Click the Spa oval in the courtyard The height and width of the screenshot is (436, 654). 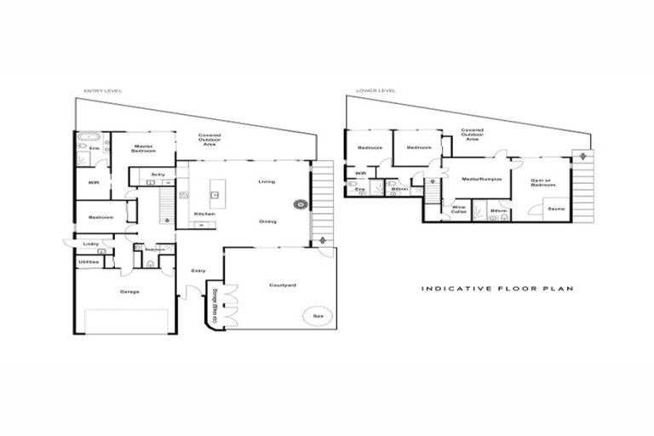pyautogui.click(x=318, y=316)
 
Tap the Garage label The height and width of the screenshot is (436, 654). pyautogui.click(x=130, y=292)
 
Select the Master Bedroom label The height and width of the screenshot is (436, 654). pyautogui.click(x=142, y=149)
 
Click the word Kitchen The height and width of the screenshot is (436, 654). pyautogui.click(x=204, y=213)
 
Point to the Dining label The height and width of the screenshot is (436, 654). pyautogui.click(x=267, y=221)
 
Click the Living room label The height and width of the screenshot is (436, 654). pyautogui.click(x=267, y=181)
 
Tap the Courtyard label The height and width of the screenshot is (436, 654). pyautogui.click(x=282, y=284)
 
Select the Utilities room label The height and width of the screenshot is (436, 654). pyautogui.click(x=89, y=261)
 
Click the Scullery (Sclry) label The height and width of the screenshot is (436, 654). pyautogui.click(x=158, y=175)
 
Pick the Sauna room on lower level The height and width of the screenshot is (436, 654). pyautogui.click(x=556, y=209)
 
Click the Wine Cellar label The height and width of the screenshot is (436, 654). pyautogui.click(x=458, y=209)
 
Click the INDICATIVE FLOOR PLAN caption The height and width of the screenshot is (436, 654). pyautogui.click(x=498, y=289)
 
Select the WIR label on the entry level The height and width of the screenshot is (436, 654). pyautogui.click(x=94, y=183)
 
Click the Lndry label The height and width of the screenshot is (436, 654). pyautogui.click(x=91, y=244)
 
